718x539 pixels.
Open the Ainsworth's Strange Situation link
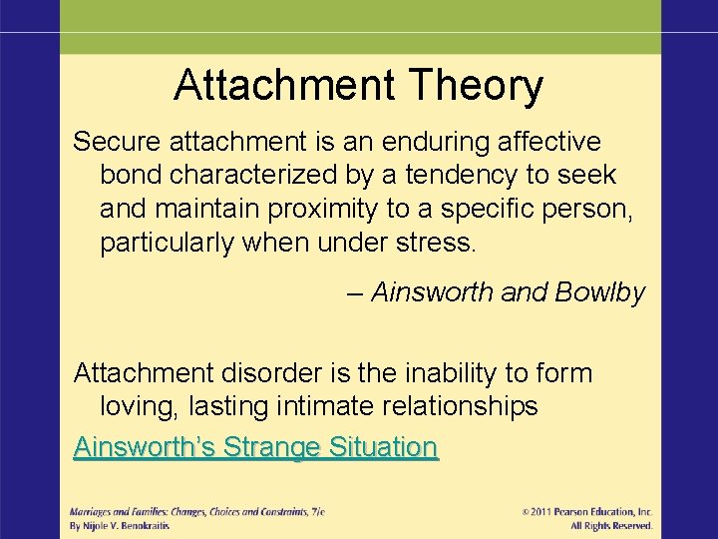255,447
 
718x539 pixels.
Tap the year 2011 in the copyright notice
546,512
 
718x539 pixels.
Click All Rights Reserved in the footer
611,526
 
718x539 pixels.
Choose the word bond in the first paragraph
132,175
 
